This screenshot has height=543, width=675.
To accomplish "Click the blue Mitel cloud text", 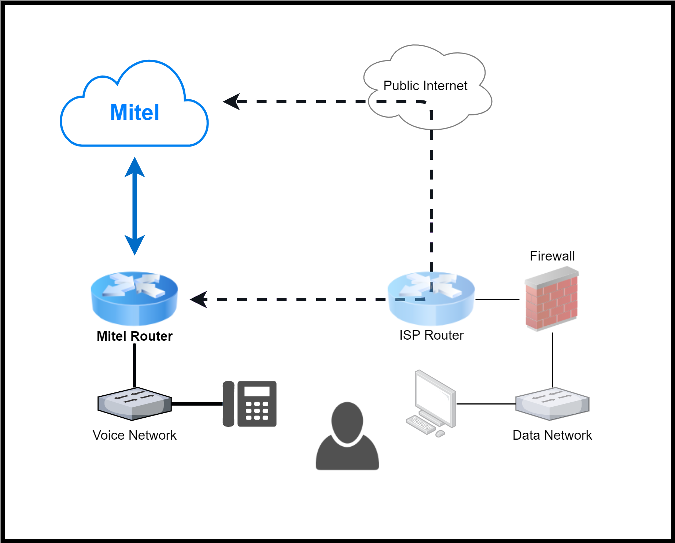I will (134, 112).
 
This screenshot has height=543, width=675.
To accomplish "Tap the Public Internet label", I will (425, 86).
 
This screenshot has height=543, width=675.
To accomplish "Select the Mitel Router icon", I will (134, 298).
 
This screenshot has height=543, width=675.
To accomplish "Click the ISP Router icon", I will (431, 298).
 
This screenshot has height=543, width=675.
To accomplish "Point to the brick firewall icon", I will (552, 299).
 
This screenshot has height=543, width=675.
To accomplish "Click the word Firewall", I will (552, 256).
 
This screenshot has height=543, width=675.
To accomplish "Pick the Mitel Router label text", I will (134, 336).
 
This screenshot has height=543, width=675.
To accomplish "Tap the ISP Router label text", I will (431, 335).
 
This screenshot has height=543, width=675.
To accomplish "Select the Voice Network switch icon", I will (134, 404).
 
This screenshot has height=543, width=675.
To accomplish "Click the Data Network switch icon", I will (552, 404).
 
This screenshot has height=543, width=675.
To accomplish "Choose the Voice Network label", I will (134, 435).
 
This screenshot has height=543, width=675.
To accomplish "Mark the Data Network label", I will (552, 435).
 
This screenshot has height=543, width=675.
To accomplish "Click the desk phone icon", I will (250, 404).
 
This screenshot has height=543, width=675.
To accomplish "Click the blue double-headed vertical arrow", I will (134, 206).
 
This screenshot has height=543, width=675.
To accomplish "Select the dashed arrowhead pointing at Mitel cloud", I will (232, 101).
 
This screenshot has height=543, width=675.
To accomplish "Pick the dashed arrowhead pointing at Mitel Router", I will (199, 299).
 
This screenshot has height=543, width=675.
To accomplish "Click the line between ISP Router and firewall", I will (497, 299).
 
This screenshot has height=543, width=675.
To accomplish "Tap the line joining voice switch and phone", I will (197, 404).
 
